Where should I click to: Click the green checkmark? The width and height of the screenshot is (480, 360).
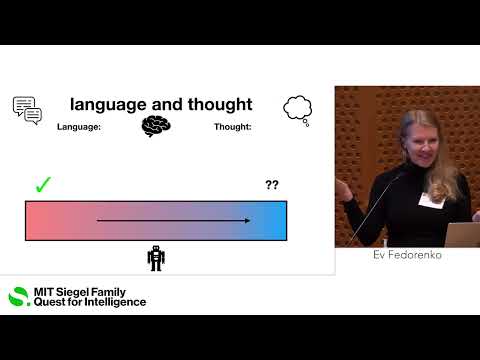point(43,184)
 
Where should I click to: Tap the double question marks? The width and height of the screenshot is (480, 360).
point(272,185)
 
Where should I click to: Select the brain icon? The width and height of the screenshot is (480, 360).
point(156,126)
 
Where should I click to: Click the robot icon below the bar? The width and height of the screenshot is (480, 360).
point(156,258)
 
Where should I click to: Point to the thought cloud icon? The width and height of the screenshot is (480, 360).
point(297,108)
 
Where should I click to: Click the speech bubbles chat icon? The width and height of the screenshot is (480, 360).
point(27,109)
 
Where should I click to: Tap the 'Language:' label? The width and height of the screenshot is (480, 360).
point(79,127)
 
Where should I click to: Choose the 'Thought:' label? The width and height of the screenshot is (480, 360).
point(232,127)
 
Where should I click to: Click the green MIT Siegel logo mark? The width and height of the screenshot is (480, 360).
point(19,296)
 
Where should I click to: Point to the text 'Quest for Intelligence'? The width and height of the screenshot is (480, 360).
point(90,302)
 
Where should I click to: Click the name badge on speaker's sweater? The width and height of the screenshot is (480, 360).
point(431,198)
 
